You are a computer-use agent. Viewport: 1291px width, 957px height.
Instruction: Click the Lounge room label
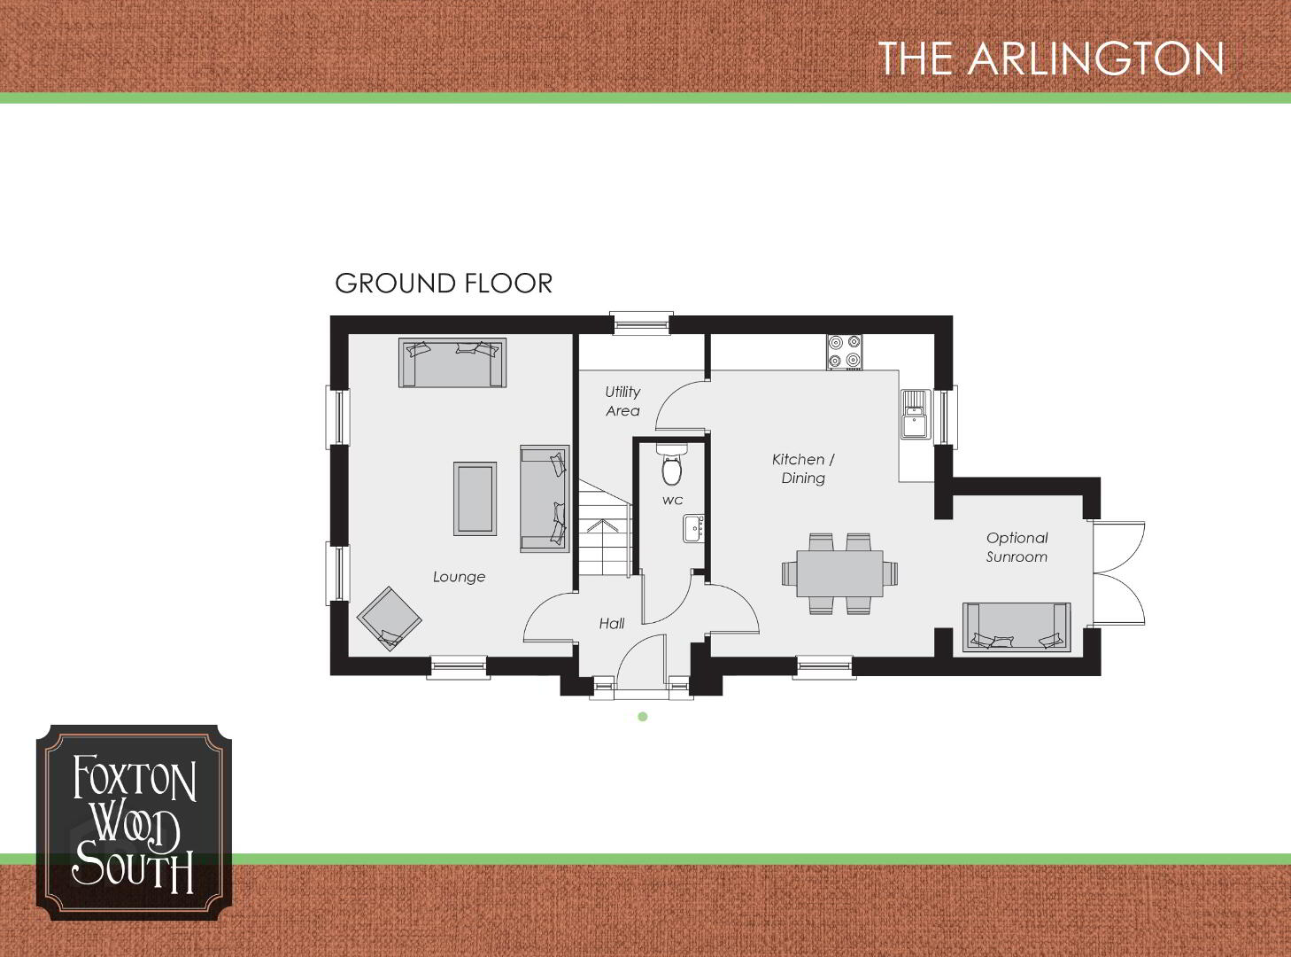[x=459, y=577]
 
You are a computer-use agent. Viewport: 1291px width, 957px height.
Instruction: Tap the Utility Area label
[x=622, y=401]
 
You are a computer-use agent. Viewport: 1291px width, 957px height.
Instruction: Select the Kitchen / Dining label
[x=803, y=468]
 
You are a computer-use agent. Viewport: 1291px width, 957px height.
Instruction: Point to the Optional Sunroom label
[x=1017, y=547]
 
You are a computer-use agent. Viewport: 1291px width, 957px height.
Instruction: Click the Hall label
[x=611, y=623]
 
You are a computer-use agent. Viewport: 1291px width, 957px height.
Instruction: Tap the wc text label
[x=672, y=501]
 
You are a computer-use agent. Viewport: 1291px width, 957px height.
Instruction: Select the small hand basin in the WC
[x=693, y=528]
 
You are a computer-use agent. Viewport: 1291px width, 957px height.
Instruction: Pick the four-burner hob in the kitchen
[x=845, y=352]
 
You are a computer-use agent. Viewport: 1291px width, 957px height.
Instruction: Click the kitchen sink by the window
[x=916, y=414]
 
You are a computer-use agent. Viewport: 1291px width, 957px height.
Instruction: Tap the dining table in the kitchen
[x=839, y=573]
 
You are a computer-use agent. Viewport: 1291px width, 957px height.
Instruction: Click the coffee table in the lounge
[x=475, y=499]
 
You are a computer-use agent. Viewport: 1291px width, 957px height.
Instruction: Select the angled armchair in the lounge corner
[x=390, y=619]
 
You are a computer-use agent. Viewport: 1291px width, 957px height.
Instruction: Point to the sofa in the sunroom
[x=1017, y=626]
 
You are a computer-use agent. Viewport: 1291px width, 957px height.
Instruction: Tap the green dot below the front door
[x=643, y=717]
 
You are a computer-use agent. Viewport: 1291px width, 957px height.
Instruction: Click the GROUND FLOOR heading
[x=444, y=284]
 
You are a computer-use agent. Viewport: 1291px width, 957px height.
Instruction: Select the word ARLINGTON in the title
[x=1096, y=58]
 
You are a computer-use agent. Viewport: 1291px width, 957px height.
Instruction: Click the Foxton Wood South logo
[x=134, y=822]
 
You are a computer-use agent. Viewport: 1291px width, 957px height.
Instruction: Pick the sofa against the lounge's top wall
[x=452, y=362]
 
